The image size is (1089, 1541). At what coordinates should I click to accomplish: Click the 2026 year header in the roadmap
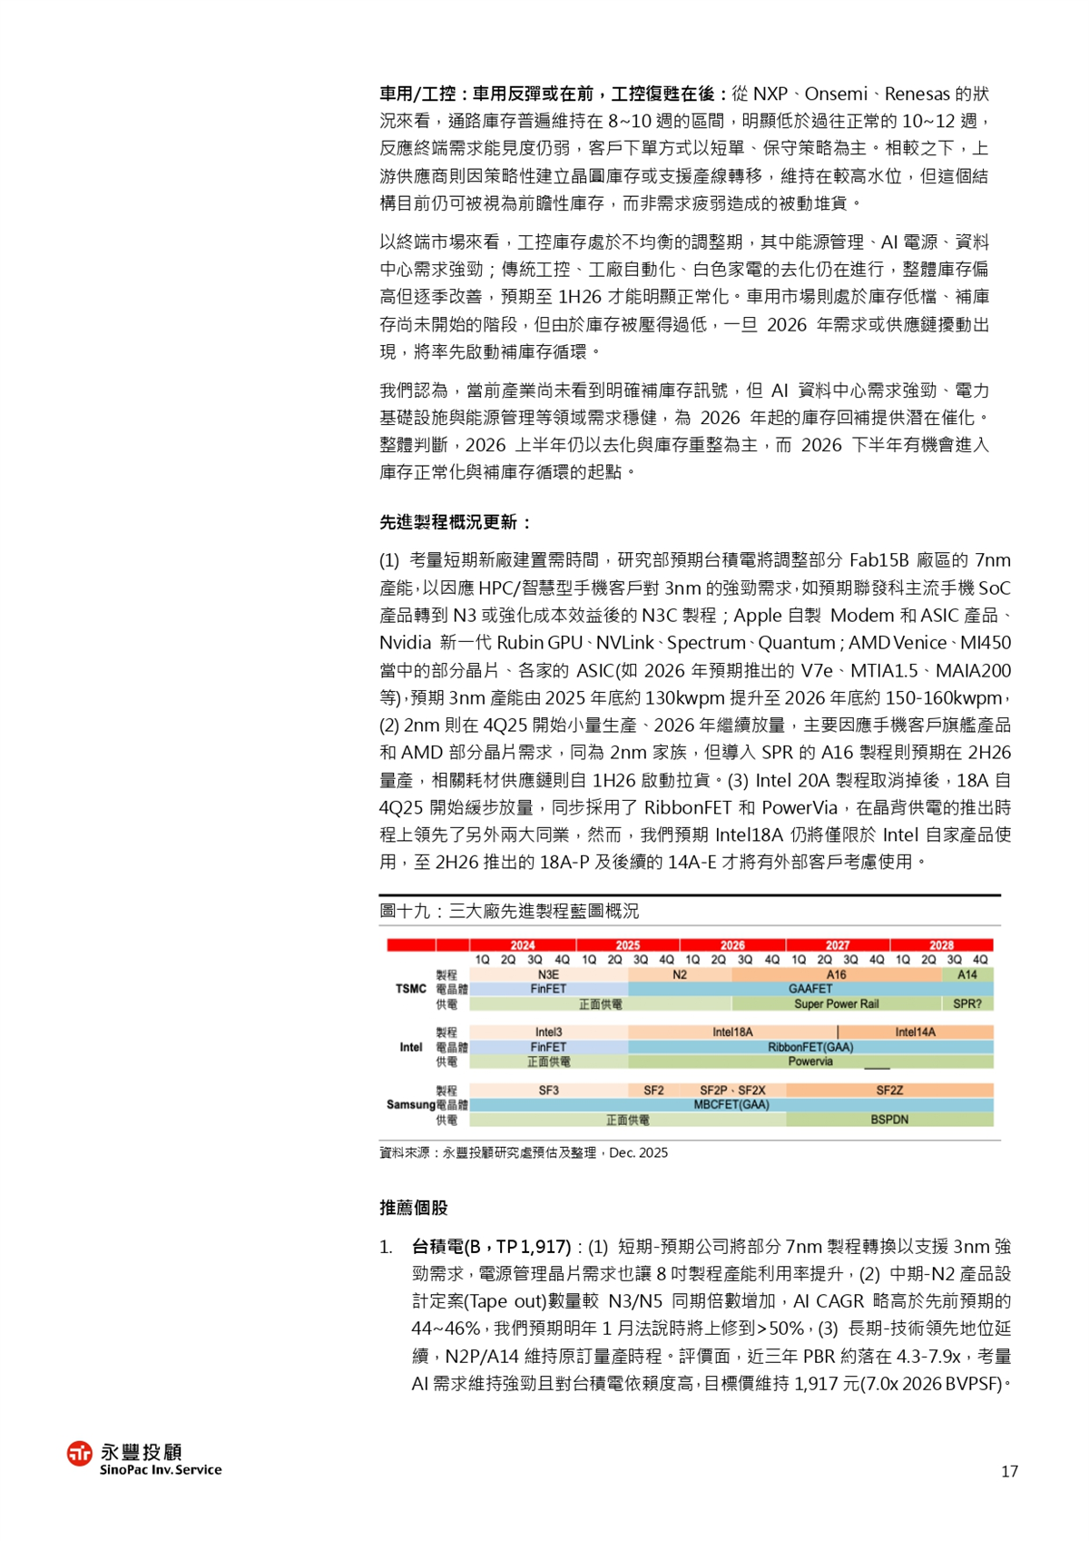[x=732, y=945]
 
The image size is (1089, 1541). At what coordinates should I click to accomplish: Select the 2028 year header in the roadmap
[x=941, y=945]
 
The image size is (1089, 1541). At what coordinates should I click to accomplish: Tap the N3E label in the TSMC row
[x=548, y=974]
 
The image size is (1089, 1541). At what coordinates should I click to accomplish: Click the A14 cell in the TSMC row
[x=967, y=974]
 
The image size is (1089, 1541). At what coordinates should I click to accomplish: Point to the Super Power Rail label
[x=836, y=1003]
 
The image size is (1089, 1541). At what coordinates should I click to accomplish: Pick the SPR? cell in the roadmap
[x=967, y=1003]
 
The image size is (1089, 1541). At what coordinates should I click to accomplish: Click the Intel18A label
[x=732, y=1032]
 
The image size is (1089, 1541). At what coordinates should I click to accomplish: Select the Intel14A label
[x=915, y=1032]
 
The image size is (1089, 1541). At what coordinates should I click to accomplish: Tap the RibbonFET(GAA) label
[x=810, y=1047]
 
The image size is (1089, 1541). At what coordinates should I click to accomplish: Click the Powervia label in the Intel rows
[x=810, y=1062]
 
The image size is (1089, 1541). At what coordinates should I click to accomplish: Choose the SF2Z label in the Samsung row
[x=889, y=1090]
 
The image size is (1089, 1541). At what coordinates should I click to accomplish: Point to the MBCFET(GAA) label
[x=731, y=1104]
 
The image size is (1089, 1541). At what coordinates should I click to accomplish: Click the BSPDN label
[x=889, y=1120]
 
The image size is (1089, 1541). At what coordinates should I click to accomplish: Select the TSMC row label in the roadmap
[x=411, y=989]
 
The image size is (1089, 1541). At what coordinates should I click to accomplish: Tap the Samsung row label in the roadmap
[x=410, y=1104]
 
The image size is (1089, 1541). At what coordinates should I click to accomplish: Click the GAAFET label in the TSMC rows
[x=810, y=989]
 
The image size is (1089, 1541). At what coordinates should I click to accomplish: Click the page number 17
[x=1009, y=1471]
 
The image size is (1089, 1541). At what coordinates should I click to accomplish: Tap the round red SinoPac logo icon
[x=80, y=1453]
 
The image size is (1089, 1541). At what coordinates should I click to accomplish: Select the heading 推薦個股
[x=414, y=1208]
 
